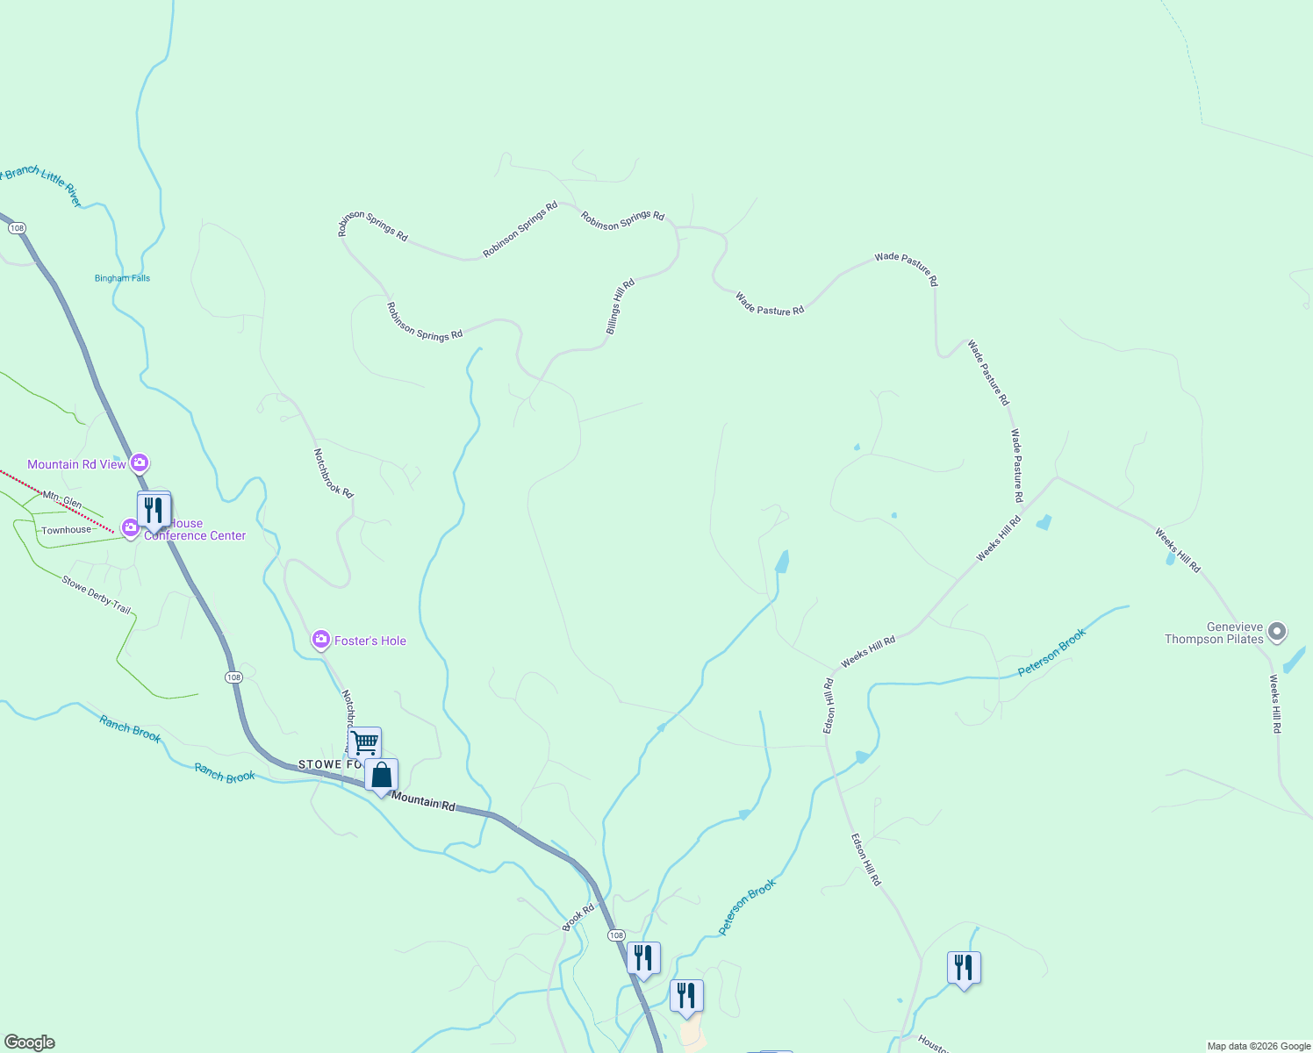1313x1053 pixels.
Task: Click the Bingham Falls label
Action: pos(122,278)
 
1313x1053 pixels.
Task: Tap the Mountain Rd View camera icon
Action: pos(139,462)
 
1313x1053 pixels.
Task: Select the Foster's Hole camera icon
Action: pos(321,640)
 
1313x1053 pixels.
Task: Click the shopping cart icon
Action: pos(364,742)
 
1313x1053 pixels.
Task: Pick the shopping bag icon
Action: pos(381,776)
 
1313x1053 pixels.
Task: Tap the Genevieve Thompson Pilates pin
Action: pos(1278,631)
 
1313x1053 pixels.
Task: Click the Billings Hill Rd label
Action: pos(620,307)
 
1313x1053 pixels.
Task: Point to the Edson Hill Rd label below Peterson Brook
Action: pos(865,859)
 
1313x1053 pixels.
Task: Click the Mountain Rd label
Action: pos(424,800)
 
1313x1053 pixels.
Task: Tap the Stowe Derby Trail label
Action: pos(97,594)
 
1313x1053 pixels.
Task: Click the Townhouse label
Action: pos(66,530)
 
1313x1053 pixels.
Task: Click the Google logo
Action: pos(30,1042)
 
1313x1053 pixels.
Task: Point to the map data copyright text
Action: pos(1259,1046)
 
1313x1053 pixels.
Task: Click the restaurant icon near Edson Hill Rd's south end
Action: pos(964,968)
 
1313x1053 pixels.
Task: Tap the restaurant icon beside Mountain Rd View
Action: pos(154,509)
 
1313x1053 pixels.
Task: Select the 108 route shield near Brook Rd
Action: pos(616,935)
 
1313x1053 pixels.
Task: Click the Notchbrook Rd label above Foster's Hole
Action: pos(334,474)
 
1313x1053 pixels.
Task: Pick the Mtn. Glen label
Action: pos(62,500)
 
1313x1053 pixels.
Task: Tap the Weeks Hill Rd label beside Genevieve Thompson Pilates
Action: pos(1275,704)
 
